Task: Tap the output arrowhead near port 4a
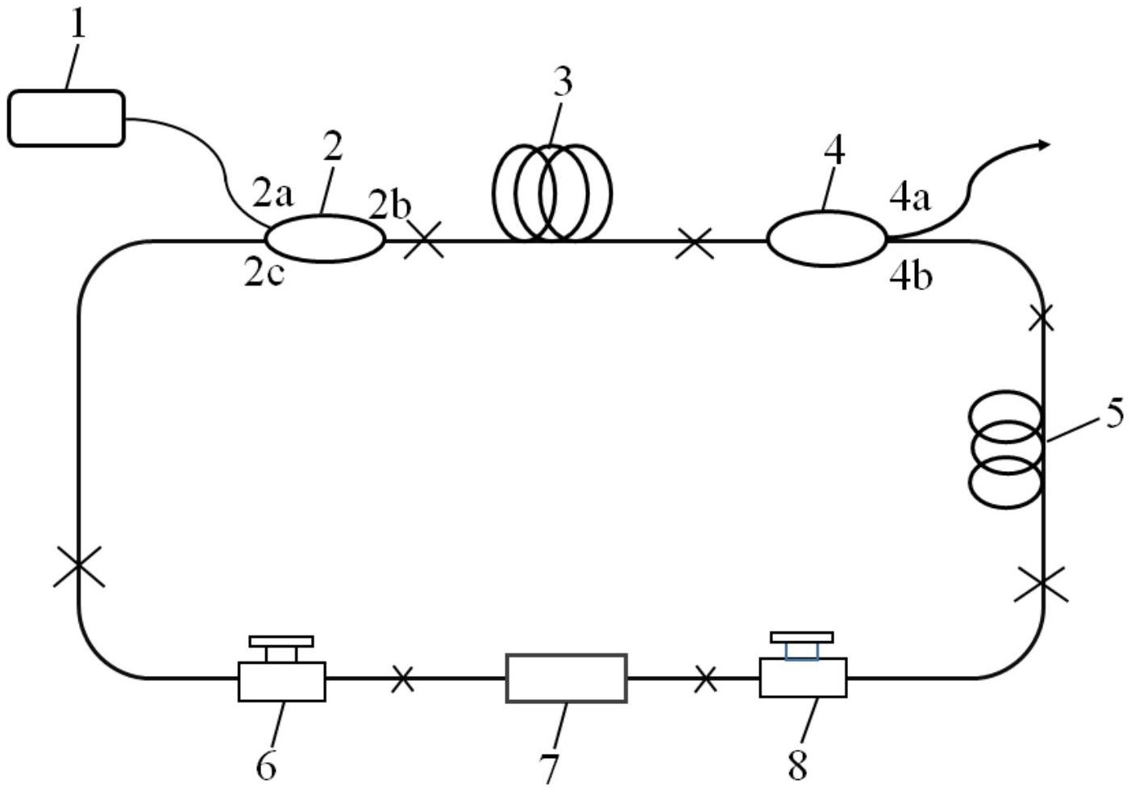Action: [1044, 145]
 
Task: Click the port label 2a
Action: [272, 195]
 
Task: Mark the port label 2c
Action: [264, 276]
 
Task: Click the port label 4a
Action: [910, 198]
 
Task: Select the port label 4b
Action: [911, 277]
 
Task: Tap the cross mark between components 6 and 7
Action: [403, 679]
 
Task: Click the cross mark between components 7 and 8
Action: [705, 678]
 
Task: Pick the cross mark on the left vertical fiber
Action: [79, 566]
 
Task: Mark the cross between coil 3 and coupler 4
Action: [695, 243]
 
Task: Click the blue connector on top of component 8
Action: [802, 651]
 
